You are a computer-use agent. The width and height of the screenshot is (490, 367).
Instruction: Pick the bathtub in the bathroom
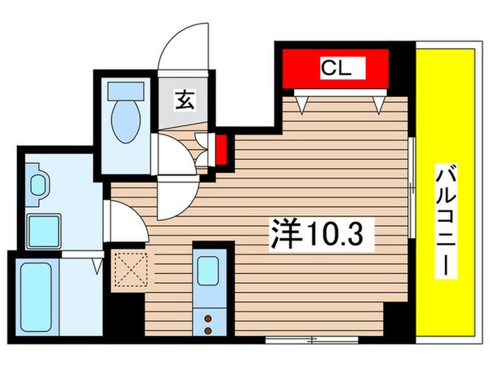tap(37, 293)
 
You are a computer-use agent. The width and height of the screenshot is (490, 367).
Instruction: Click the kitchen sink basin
tap(208, 271)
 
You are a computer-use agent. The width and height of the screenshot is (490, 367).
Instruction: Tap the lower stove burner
tap(208, 329)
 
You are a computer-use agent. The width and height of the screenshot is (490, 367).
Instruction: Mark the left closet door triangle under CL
tap(305, 104)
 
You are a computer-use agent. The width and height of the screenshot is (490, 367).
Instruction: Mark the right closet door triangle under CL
tap(378, 104)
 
